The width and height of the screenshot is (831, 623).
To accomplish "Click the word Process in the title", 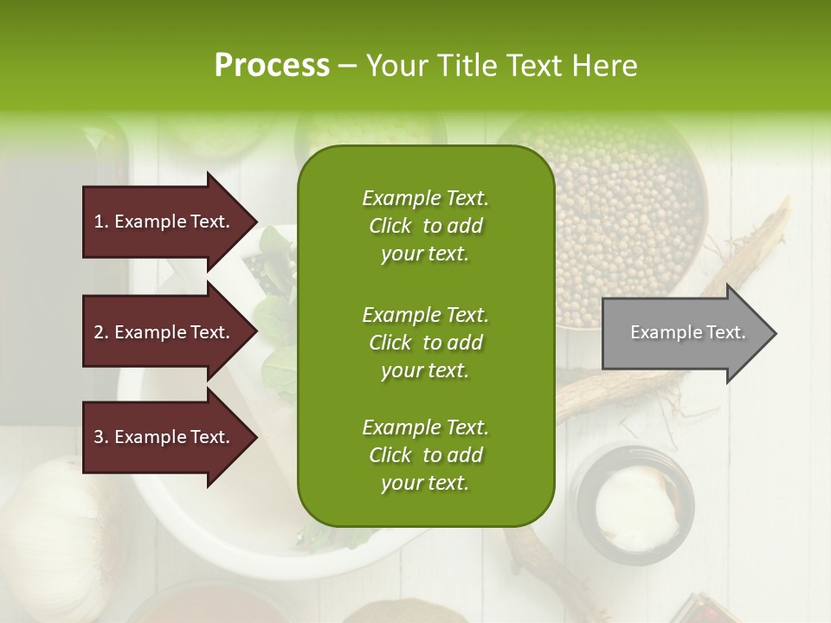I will (272, 66).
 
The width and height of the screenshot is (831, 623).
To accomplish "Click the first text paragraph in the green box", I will (425, 226).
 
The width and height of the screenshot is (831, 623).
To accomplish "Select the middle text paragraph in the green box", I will (425, 343).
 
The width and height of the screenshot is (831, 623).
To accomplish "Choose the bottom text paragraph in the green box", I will (425, 455).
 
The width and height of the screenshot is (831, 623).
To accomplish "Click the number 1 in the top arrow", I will (99, 222).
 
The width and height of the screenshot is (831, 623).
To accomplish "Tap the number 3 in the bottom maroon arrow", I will (99, 437).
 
